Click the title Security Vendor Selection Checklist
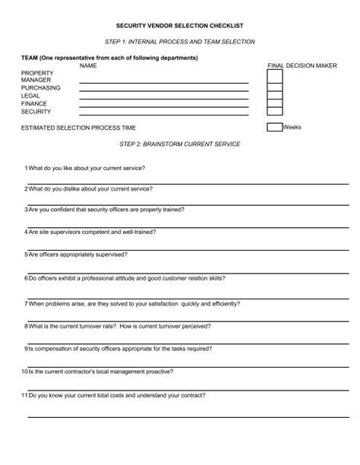[180, 25]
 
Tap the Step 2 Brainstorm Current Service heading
[179, 144]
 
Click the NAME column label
[90, 65]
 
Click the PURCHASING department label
[41, 87]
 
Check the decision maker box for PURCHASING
[275, 87]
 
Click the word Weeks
[292, 127]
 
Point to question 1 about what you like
[86, 166]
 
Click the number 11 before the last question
[24, 395]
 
